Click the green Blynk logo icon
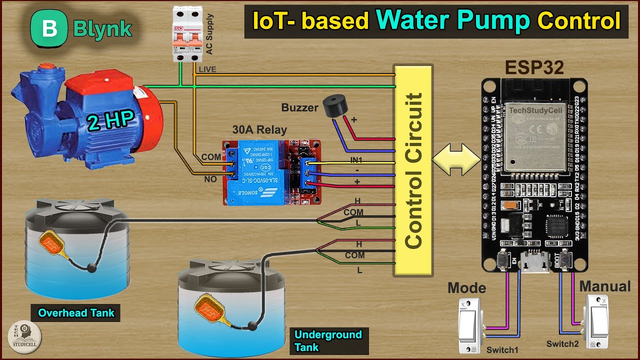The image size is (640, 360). click(49, 28)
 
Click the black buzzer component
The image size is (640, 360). click(333, 106)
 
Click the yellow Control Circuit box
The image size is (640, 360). click(412, 170)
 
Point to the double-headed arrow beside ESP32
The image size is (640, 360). click(455, 159)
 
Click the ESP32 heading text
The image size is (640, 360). click(534, 67)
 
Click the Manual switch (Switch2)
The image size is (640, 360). click(597, 322)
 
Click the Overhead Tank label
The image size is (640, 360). click(76, 313)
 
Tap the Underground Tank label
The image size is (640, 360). click(328, 340)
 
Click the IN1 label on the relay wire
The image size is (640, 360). click(356, 160)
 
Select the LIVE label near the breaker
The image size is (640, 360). click(207, 69)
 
